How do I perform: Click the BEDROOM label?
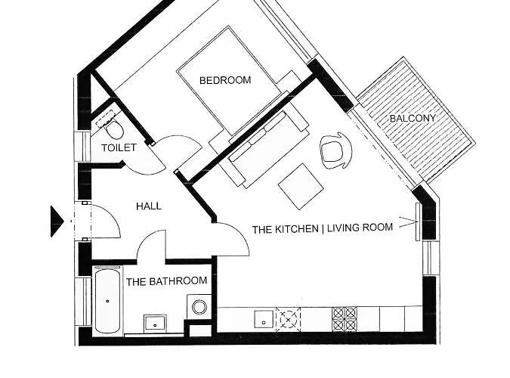225,79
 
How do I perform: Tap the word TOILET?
119,147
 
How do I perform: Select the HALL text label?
148,206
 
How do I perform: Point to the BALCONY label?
413,119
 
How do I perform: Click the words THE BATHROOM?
166,282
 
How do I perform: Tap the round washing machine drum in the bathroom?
199,307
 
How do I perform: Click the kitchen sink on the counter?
263,318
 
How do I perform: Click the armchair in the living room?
335,150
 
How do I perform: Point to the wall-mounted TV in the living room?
416,221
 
